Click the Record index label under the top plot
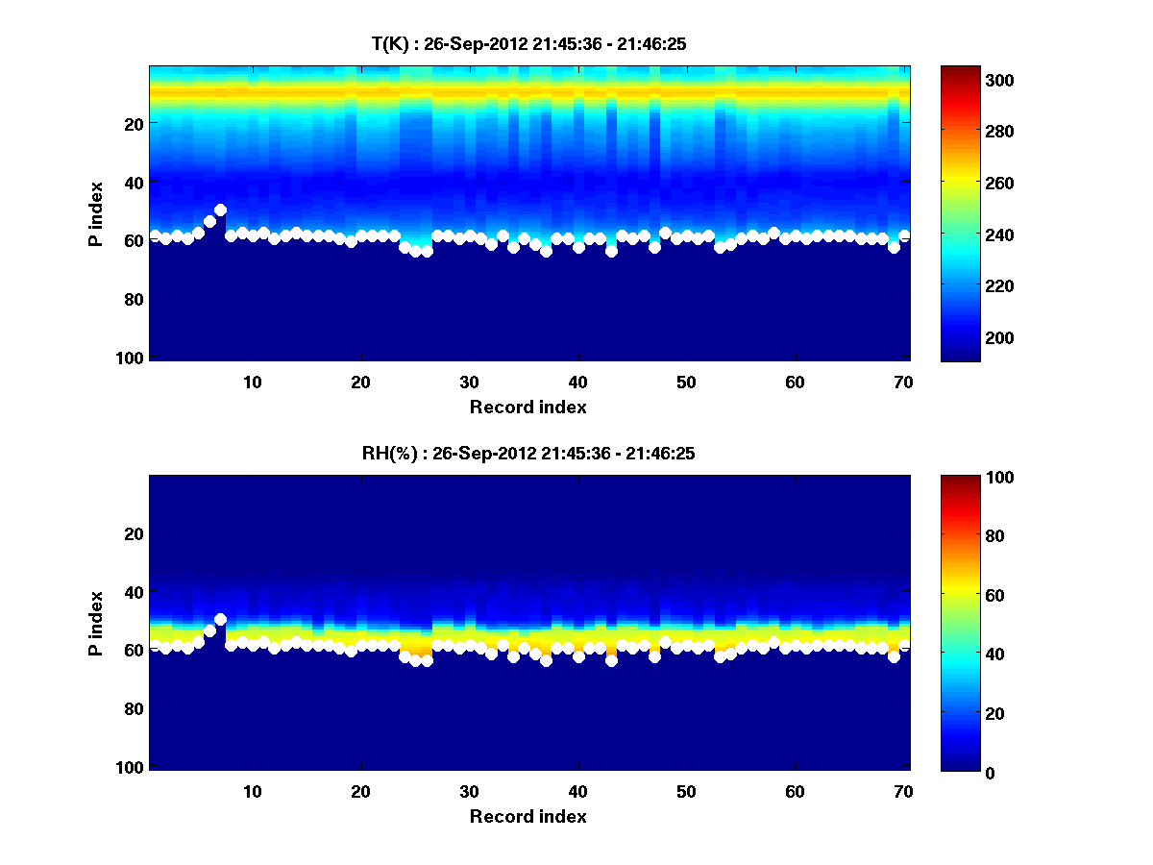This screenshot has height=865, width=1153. pos(527,407)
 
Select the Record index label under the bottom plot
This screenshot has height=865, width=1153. pos(527,816)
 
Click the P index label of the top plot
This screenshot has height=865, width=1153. pos(95,213)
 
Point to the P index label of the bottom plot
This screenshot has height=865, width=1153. pos(95,623)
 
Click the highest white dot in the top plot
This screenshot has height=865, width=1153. pos(220,210)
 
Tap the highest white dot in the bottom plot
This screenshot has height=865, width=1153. pos(220,619)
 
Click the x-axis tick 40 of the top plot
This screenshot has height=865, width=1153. pos(577,382)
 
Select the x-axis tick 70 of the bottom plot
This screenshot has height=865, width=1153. pos(903,791)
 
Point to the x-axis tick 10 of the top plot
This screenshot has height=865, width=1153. pos(252,382)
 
